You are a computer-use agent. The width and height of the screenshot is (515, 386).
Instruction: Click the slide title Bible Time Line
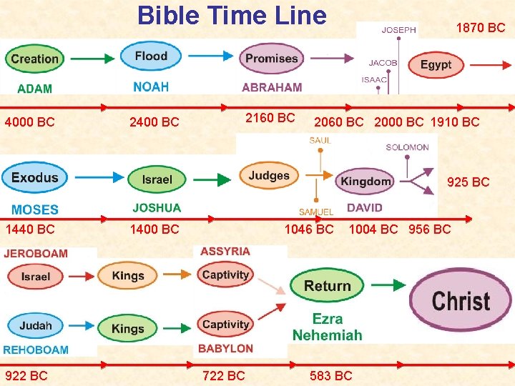pyautogui.click(x=231, y=15)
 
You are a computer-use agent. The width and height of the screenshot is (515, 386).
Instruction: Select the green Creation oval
pyautogui.click(x=34, y=59)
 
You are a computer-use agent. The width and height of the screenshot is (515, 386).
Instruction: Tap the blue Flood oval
pyautogui.click(x=151, y=56)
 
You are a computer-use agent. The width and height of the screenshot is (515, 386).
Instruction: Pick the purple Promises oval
pyautogui.click(x=271, y=59)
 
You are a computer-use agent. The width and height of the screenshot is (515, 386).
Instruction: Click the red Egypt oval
pyautogui.click(x=435, y=65)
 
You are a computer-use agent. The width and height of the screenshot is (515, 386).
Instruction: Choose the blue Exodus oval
pyautogui.click(x=35, y=177)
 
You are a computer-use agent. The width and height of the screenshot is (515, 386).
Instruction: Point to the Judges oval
pyautogui.click(x=269, y=176)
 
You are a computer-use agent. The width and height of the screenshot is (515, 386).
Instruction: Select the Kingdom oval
pyautogui.click(x=366, y=181)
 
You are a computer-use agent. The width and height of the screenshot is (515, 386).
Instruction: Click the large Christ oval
pyautogui.click(x=461, y=300)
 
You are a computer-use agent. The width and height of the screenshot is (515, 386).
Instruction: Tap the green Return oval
pyautogui.click(x=327, y=286)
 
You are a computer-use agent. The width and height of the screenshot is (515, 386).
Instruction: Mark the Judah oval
pyautogui.click(x=36, y=326)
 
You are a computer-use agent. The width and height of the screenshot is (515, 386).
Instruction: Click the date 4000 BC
pyautogui.click(x=29, y=122)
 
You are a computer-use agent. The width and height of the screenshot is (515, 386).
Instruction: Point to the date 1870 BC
pyautogui.click(x=481, y=29)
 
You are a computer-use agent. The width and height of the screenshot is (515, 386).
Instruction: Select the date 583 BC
pyautogui.click(x=330, y=375)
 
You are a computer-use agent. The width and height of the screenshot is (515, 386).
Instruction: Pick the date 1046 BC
pyautogui.click(x=309, y=229)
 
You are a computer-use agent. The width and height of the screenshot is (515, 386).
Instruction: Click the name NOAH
pyautogui.click(x=150, y=86)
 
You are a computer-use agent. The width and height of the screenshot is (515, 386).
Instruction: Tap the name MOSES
pyautogui.click(x=34, y=209)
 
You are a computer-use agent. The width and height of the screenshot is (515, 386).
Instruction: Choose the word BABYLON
pyautogui.click(x=226, y=349)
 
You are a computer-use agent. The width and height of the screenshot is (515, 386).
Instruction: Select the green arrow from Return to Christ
pyautogui.click(x=388, y=284)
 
